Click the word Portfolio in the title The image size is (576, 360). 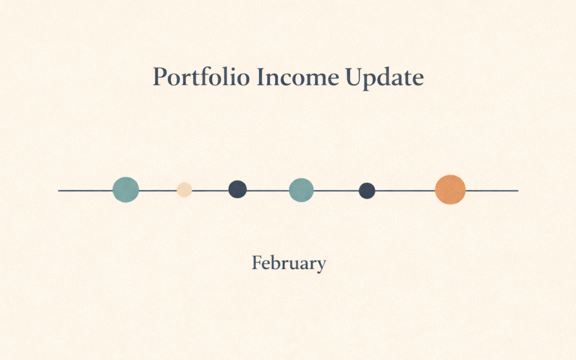click(x=201, y=77)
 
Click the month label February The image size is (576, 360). click(x=289, y=263)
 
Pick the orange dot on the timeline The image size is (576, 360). click(x=450, y=189)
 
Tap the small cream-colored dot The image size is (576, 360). click(x=184, y=190)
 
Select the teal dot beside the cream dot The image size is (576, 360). click(x=126, y=189)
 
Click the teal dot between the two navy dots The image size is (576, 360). click(x=301, y=190)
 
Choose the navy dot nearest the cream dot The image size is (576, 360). click(x=237, y=189)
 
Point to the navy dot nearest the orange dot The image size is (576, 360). click(x=367, y=190)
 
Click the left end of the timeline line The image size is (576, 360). click(x=59, y=190)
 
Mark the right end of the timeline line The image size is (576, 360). click(x=517, y=190)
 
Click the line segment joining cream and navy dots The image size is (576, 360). click(x=210, y=190)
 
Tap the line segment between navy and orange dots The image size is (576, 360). click(x=405, y=190)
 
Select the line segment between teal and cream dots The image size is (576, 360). click(x=158, y=190)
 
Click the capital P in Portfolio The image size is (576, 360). click(x=158, y=77)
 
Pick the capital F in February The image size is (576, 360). click(x=257, y=263)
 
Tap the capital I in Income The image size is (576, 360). click(x=259, y=77)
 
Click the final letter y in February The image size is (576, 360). click(x=321, y=266)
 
